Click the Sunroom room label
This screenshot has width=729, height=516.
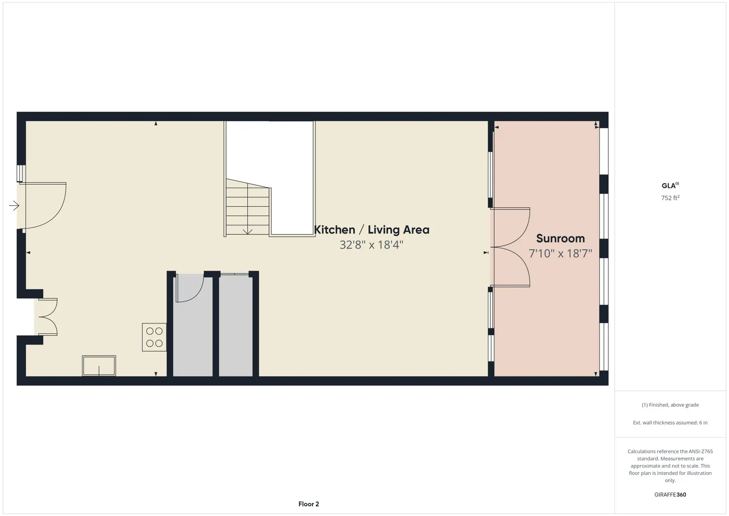coord(560,238)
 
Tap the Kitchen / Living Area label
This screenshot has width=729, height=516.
coord(371,230)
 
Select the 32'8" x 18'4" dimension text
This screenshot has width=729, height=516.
coord(371,245)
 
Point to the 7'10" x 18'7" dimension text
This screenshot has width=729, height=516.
coord(560,253)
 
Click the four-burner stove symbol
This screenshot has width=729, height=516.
coord(154,337)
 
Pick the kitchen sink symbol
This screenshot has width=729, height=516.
coord(99,366)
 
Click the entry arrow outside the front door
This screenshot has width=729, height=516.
coord(14,205)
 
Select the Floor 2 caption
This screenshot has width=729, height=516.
coord(308,504)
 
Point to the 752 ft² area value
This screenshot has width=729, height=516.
coord(670,198)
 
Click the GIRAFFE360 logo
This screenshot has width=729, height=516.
coord(670,494)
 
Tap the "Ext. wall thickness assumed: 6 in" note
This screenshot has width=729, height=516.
coord(670,422)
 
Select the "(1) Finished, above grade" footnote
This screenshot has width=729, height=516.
coord(670,405)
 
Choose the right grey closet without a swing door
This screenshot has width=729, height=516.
coord(236,326)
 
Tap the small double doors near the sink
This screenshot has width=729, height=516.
coord(48,317)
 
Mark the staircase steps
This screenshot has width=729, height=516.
coord(248,207)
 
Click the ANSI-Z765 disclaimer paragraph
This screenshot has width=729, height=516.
coord(670,466)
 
